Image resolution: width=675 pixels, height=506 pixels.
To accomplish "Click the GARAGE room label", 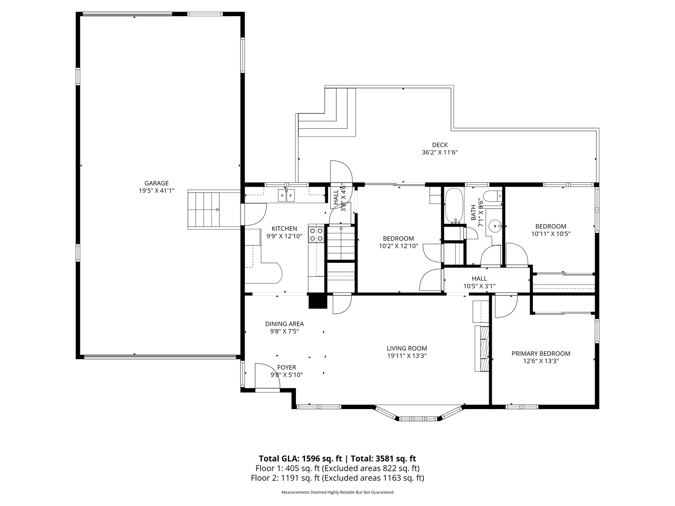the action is coord(156,183).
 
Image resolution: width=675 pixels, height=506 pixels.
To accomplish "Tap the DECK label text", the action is coord(440,145).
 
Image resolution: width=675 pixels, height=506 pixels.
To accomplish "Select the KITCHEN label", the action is coord(284,228).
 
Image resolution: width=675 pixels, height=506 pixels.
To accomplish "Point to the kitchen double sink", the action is coord(286,195).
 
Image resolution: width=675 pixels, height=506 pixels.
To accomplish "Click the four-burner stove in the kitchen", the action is coord(317,234).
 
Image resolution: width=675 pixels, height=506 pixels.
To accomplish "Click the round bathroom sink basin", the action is coord(495,227).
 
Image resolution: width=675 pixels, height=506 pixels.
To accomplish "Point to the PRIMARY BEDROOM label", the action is coord(541,354).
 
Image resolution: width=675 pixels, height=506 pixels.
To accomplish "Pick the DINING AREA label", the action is coord(284,324).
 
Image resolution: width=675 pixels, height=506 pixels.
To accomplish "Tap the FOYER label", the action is coord(286,368).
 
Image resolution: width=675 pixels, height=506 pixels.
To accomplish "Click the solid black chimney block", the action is coord(318,301).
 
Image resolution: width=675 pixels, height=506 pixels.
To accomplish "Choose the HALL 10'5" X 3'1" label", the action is coord(479,283).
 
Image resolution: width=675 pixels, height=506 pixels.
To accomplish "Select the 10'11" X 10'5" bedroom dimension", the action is coord(551,234).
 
